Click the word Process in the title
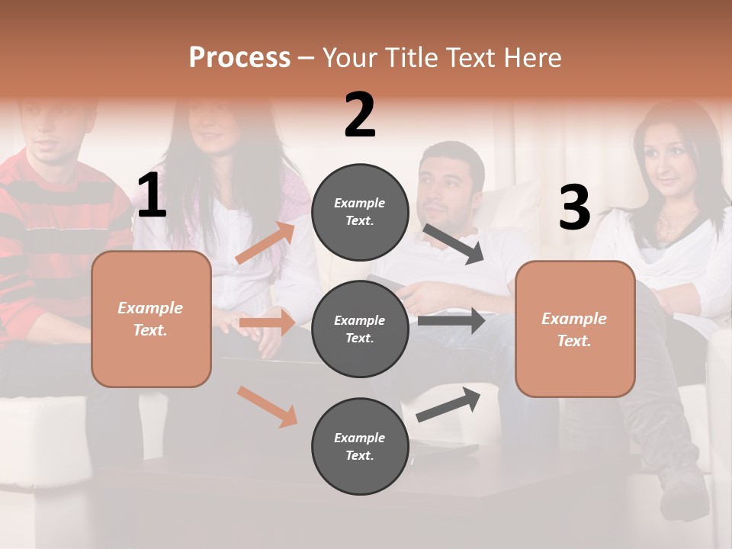coord(239,58)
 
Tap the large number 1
coord(152,196)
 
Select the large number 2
coord(360,115)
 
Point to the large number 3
coord(574,208)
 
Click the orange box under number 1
coord(151,319)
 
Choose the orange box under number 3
coord(575,329)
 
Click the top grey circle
coord(360,212)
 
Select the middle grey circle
coord(360,329)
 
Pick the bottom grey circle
coord(360,446)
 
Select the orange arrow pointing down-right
coord(267,406)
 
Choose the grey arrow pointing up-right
coord(448,405)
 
